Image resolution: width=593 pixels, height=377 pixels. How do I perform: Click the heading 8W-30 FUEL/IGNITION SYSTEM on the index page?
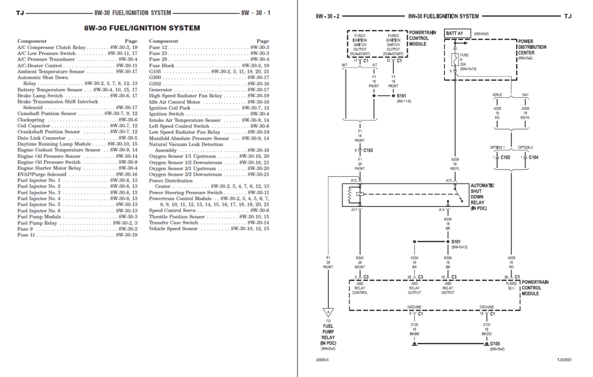tap(142, 28)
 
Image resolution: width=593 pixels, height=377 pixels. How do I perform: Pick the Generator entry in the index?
tap(161, 90)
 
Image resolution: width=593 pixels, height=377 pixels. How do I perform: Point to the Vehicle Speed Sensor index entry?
tap(173, 228)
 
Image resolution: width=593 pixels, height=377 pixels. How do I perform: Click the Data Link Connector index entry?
tap(42, 138)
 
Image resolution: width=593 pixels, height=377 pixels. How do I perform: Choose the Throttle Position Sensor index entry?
tap(177, 216)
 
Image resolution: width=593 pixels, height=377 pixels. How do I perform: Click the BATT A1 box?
tap(455, 34)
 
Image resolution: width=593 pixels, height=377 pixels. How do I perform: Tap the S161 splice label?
tap(401, 95)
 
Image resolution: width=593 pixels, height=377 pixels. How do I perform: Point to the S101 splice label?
tap(455, 241)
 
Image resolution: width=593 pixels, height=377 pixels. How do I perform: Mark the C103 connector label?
tap(368, 150)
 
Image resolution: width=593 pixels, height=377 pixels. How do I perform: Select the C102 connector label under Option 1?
tap(505, 157)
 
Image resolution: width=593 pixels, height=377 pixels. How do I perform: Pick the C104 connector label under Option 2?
tap(533, 157)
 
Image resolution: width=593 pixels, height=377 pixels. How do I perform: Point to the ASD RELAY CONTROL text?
tap(360, 289)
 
